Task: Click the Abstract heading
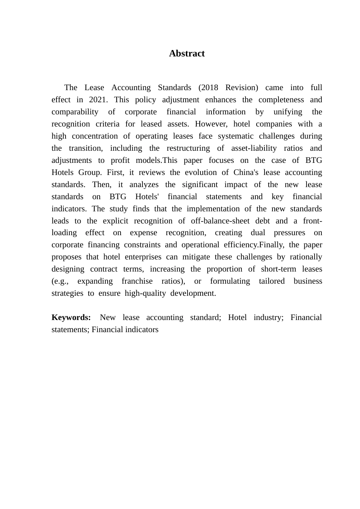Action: tap(187, 53)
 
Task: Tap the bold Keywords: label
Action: tap(71, 317)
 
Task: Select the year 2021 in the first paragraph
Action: tap(98, 100)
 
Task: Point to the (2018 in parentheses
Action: tap(208, 87)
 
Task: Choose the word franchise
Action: tap(137, 281)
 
